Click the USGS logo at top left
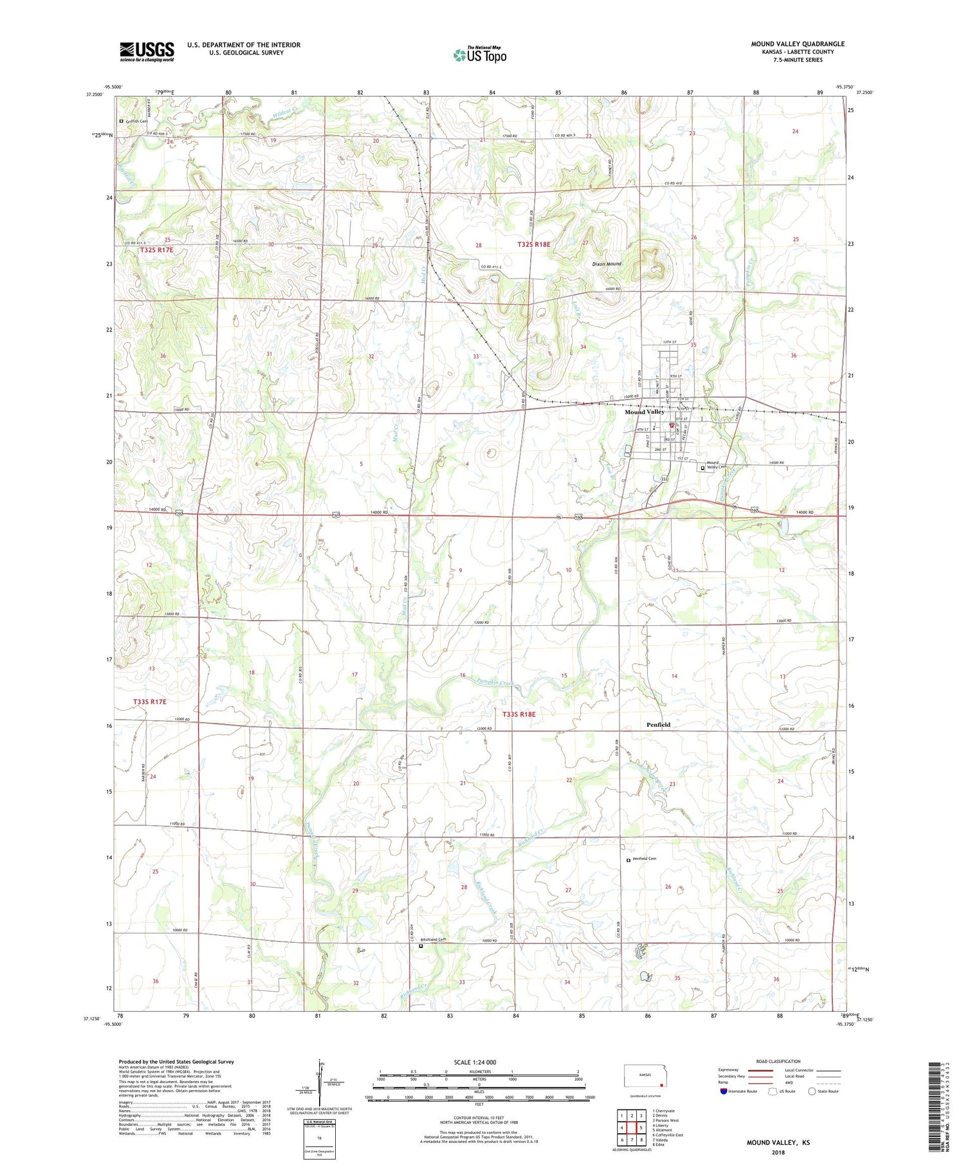pyautogui.click(x=147, y=51)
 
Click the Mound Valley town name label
pyautogui.click(x=644, y=412)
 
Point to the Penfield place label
pyautogui.click(x=658, y=725)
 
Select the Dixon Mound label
pyautogui.click(x=607, y=264)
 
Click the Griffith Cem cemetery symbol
pyautogui.click(x=121, y=121)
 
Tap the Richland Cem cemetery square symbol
pyautogui.click(x=421, y=945)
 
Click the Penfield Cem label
pyautogui.click(x=644, y=859)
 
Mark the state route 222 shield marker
pyautogui.click(x=663, y=480)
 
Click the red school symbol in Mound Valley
pyautogui.click(x=672, y=425)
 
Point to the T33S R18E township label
pyautogui.click(x=519, y=715)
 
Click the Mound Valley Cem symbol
pyautogui.click(x=703, y=468)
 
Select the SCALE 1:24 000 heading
pyautogui.click(x=478, y=1062)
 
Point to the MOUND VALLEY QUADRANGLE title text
pyautogui.click(x=798, y=44)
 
